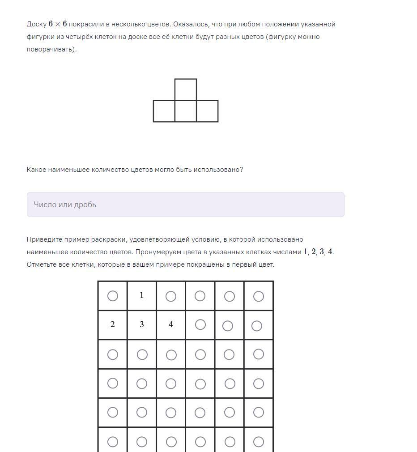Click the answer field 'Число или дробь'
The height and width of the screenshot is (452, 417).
185,205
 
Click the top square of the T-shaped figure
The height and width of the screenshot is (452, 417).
185,90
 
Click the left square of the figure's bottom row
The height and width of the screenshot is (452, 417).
164,111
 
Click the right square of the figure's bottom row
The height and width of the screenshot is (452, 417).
207,111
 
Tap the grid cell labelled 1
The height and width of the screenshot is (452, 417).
142,295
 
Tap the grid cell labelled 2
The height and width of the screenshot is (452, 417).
113,324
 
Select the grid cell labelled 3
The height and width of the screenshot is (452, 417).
142,324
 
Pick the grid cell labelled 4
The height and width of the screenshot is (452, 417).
171,324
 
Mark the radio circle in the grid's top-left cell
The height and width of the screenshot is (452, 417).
113,296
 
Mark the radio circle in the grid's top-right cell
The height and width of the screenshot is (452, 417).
258,296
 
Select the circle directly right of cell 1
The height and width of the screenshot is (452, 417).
170,296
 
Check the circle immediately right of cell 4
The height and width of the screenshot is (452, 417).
200,324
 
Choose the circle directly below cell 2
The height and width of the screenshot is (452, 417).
113,354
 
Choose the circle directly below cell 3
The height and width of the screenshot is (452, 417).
142,355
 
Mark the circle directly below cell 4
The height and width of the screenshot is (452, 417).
171,355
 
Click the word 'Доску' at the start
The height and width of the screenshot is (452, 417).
36,24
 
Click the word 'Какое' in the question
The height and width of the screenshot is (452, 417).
37,170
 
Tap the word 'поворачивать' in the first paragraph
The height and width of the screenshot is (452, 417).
50,49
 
